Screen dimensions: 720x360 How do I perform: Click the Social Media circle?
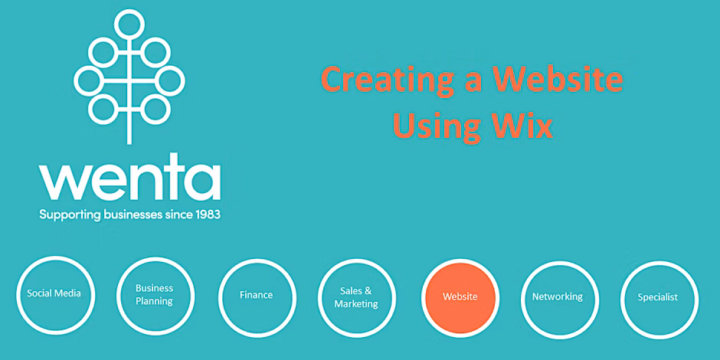tap(18, 295)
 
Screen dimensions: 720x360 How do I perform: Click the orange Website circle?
tap(460, 297)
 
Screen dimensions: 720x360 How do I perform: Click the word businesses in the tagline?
tap(138, 214)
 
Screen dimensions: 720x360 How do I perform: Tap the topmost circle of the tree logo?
tap(129, 25)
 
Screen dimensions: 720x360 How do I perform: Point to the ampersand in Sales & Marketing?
tap(368, 291)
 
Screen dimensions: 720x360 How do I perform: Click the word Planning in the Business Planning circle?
tap(154, 302)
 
